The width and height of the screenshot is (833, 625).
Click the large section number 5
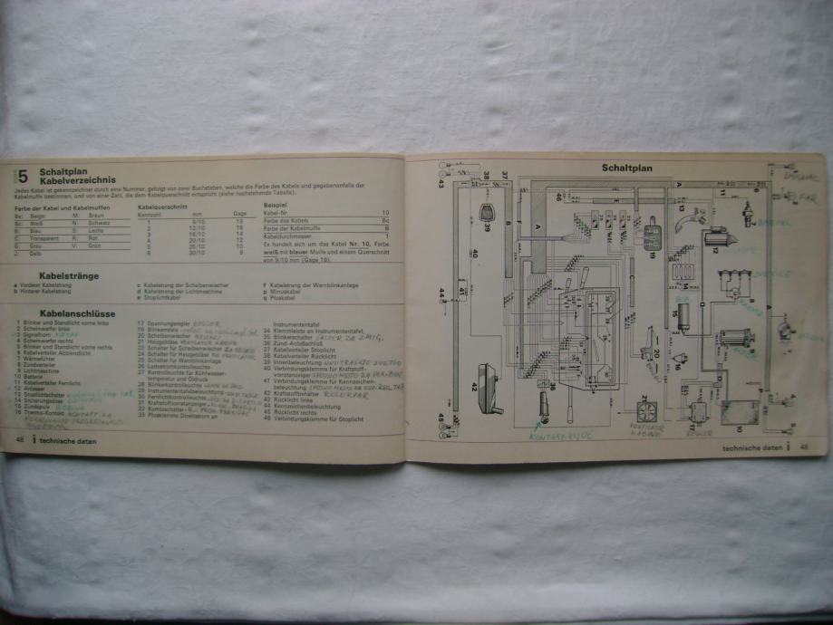[24, 177]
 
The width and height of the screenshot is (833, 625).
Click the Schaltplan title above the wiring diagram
[627, 168]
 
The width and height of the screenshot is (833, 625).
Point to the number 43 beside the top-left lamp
[441, 184]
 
